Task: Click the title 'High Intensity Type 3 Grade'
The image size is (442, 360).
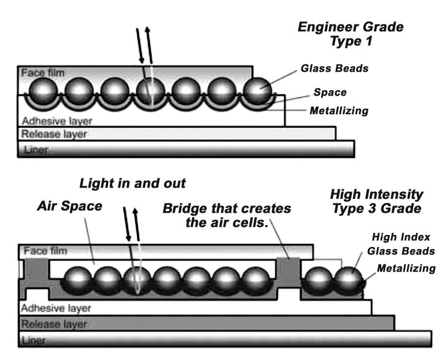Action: coord(376,201)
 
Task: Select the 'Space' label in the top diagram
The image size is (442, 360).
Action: coord(330,93)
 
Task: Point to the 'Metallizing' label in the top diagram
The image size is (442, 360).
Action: coord(339,110)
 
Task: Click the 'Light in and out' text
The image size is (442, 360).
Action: coord(133,183)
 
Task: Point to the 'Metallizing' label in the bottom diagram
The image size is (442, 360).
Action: coord(406,268)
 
